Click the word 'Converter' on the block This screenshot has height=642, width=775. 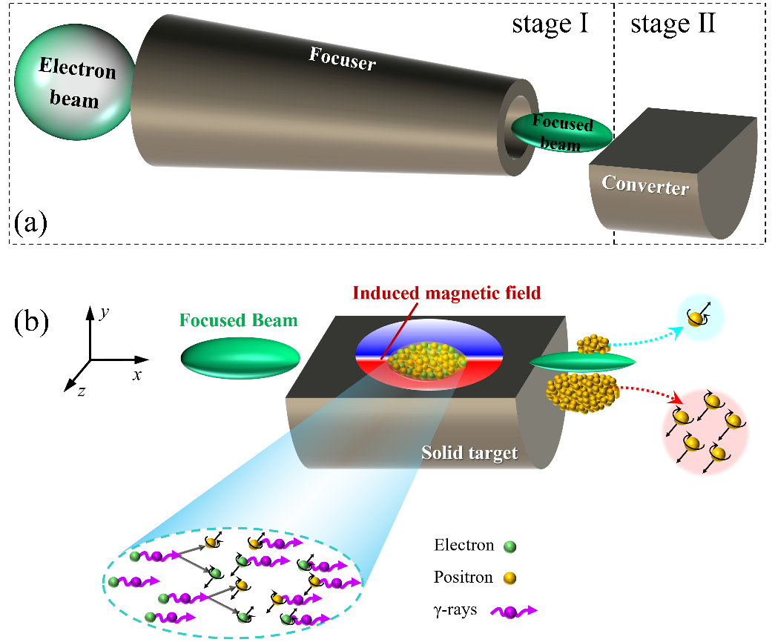tap(644, 185)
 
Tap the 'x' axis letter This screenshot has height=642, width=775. tap(137, 374)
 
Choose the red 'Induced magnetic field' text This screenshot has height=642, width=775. tap(447, 293)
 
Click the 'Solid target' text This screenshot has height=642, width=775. tap(469, 452)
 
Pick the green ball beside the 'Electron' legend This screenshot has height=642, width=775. tap(509, 547)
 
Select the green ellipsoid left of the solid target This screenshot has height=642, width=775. tap(240, 357)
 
